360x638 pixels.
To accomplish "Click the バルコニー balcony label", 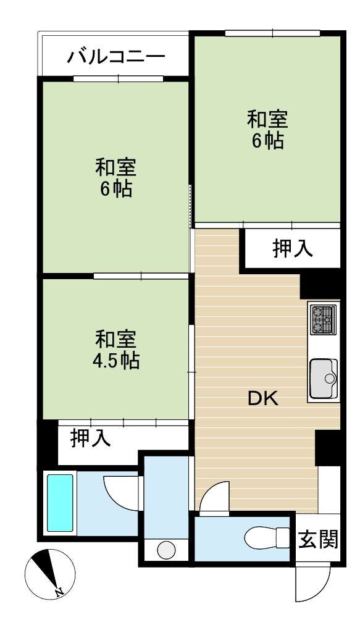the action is click(x=116, y=56).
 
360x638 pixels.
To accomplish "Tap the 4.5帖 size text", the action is click(x=116, y=361).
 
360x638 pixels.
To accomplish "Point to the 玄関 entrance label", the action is click(x=319, y=540).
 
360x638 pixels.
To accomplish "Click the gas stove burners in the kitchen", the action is click(x=324, y=319).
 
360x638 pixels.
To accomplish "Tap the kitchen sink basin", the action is click(x=324, y=379).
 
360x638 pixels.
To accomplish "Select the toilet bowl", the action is click(x=266, y=537).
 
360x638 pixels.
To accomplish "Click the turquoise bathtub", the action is click(x=60, y=503).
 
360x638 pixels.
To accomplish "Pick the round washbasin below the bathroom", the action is click(x=166, y=550).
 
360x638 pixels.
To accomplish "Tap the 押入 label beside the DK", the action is click(x=293, y=249).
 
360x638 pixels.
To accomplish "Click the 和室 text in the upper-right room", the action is click(x=267, y=120).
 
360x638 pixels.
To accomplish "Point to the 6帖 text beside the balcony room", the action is click(x=116, y=189).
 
